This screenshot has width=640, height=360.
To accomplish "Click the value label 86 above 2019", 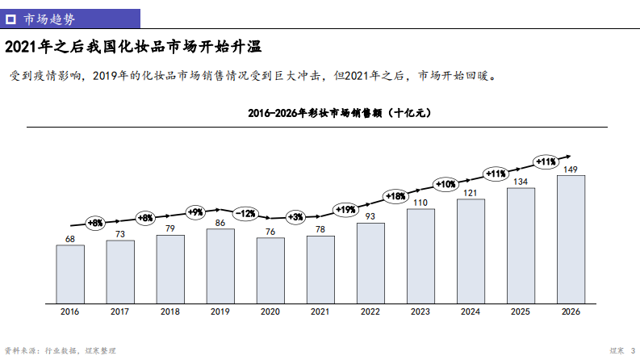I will (220, 223).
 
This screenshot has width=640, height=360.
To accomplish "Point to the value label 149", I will (571, 170).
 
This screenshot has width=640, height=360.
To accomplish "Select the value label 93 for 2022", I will (370, 216).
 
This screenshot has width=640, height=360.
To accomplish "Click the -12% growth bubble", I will (245, 214).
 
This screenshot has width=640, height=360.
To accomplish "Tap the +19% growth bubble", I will (345, 210).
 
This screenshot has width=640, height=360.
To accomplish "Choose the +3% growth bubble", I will (295, 216).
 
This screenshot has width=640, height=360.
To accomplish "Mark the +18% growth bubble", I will (395, 195).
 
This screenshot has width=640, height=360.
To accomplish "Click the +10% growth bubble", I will (445, 184).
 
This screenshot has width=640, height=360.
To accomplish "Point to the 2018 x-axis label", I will (170, 312).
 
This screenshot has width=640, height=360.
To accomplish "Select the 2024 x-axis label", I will (471, 312).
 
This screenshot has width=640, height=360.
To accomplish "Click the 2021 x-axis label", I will (320, 312).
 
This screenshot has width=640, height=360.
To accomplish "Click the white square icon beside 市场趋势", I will (12, 17).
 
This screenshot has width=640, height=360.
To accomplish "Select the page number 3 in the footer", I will (632, 350).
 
